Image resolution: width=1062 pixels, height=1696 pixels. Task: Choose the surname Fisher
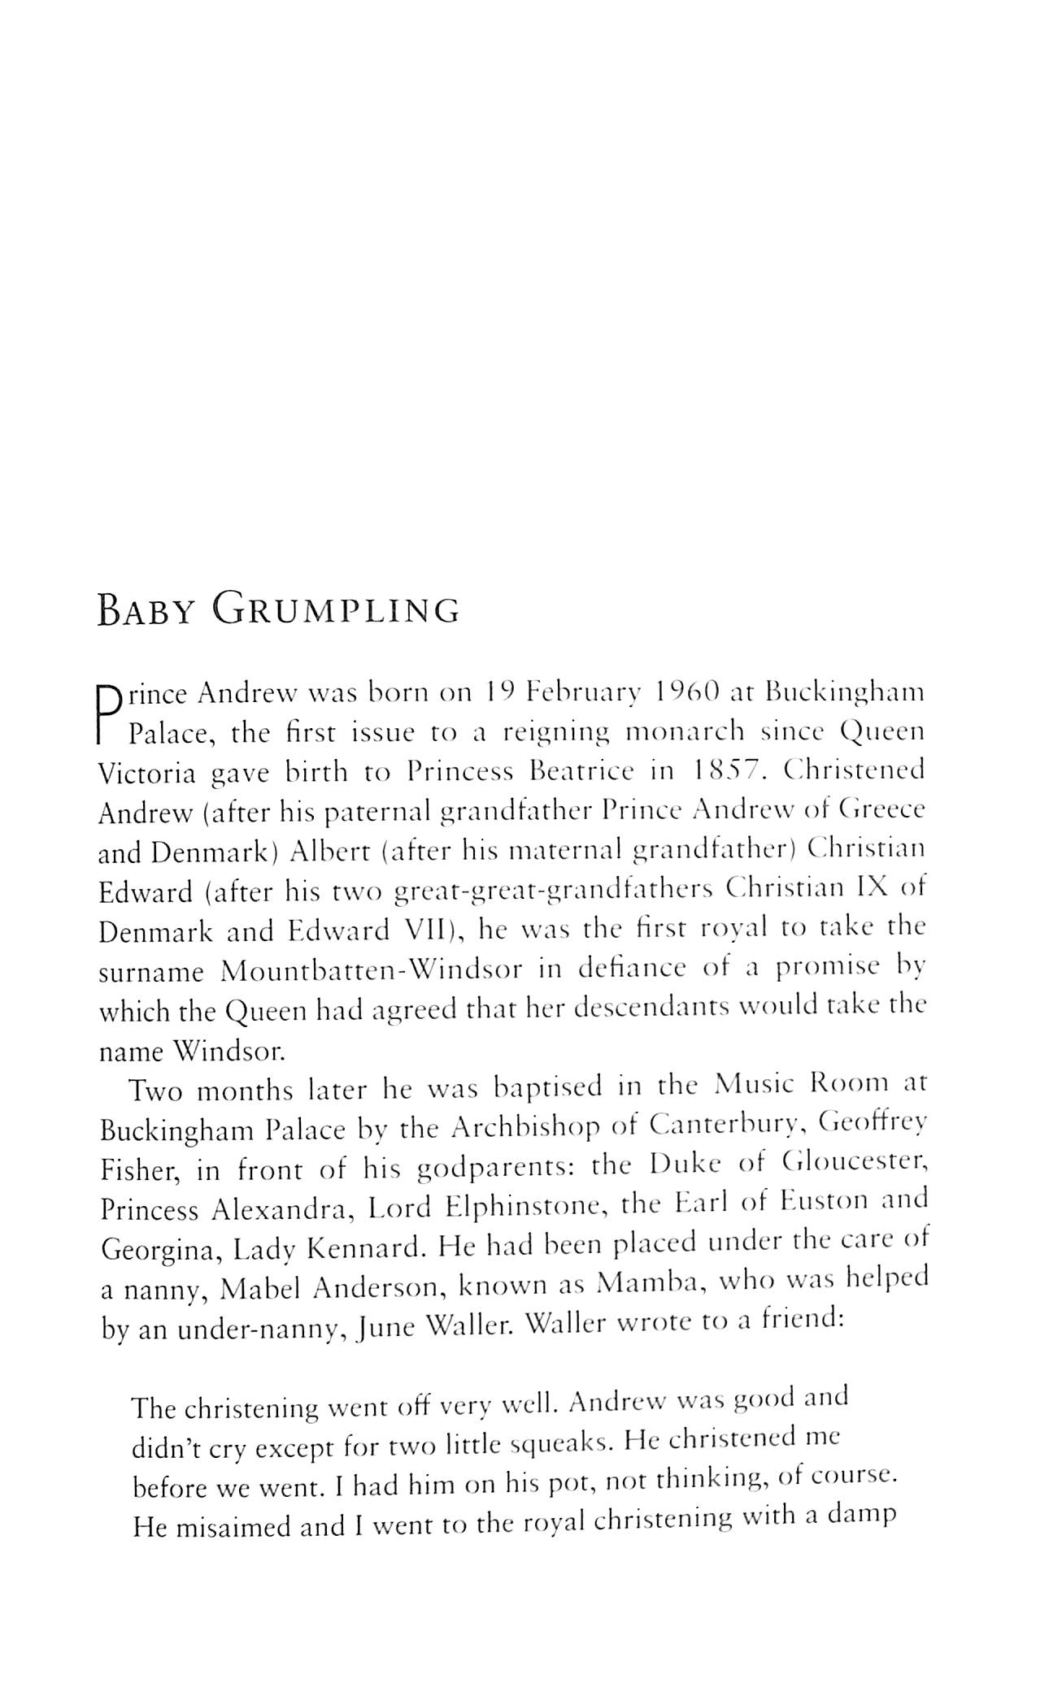point(137,1170)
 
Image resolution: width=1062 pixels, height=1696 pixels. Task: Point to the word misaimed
point(233,1528)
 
